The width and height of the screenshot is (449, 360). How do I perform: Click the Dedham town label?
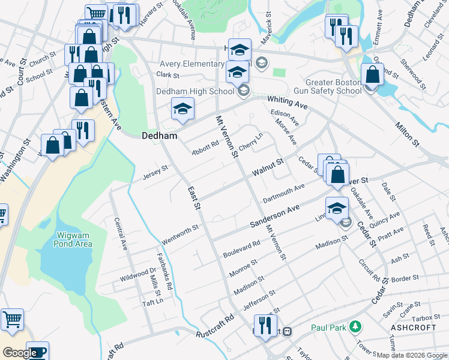159,136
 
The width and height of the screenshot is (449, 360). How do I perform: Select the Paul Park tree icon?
357,328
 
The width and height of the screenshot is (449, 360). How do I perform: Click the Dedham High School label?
195,91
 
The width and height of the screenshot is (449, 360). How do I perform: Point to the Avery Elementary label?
192,64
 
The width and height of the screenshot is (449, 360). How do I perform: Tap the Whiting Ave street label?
288,103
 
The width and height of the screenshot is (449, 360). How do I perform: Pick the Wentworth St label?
180,235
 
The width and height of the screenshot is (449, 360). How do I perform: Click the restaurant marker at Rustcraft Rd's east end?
265,326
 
